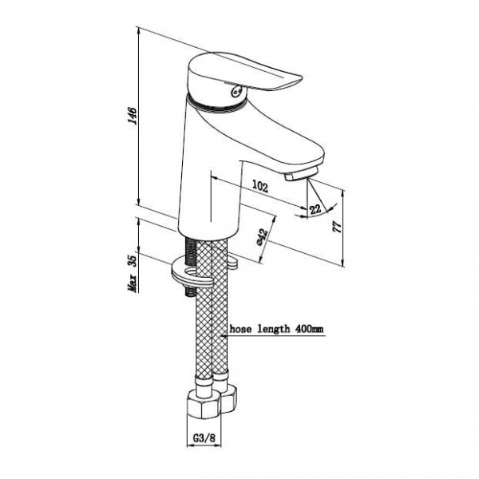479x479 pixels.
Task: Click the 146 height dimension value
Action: coord(133,116)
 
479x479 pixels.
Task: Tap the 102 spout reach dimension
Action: coord(260,186)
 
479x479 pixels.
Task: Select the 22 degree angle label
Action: coord(315,209)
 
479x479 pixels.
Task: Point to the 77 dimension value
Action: coord(337,227)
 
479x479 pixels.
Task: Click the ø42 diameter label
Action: coord(263,237)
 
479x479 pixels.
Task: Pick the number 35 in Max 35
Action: coord(133,261)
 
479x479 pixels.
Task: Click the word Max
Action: coord(133,283)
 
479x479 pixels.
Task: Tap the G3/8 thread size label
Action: coord(204,437)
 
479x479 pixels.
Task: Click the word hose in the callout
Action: coord(239,329)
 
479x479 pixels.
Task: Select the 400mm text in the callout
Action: coord(308,329)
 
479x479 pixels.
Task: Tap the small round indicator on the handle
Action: coord(237,91)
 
